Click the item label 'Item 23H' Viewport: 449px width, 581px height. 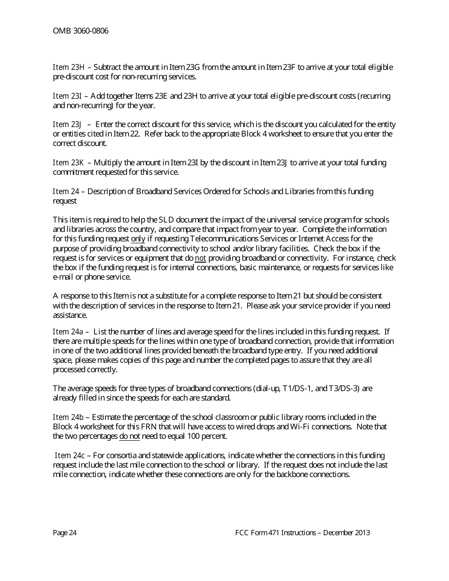[x=69, y=68]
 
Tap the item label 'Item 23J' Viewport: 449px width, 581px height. [x=68, y=125]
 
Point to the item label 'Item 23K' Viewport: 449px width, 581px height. [x=69, y=163]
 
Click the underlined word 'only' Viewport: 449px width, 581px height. [x=138, y=239]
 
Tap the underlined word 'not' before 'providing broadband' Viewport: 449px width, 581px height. [x=200, y=258]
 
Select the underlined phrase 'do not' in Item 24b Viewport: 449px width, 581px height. [x=130, y=436]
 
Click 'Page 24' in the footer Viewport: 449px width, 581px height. [x=65, y=533]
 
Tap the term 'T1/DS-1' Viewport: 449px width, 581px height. [x=296, y=389]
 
